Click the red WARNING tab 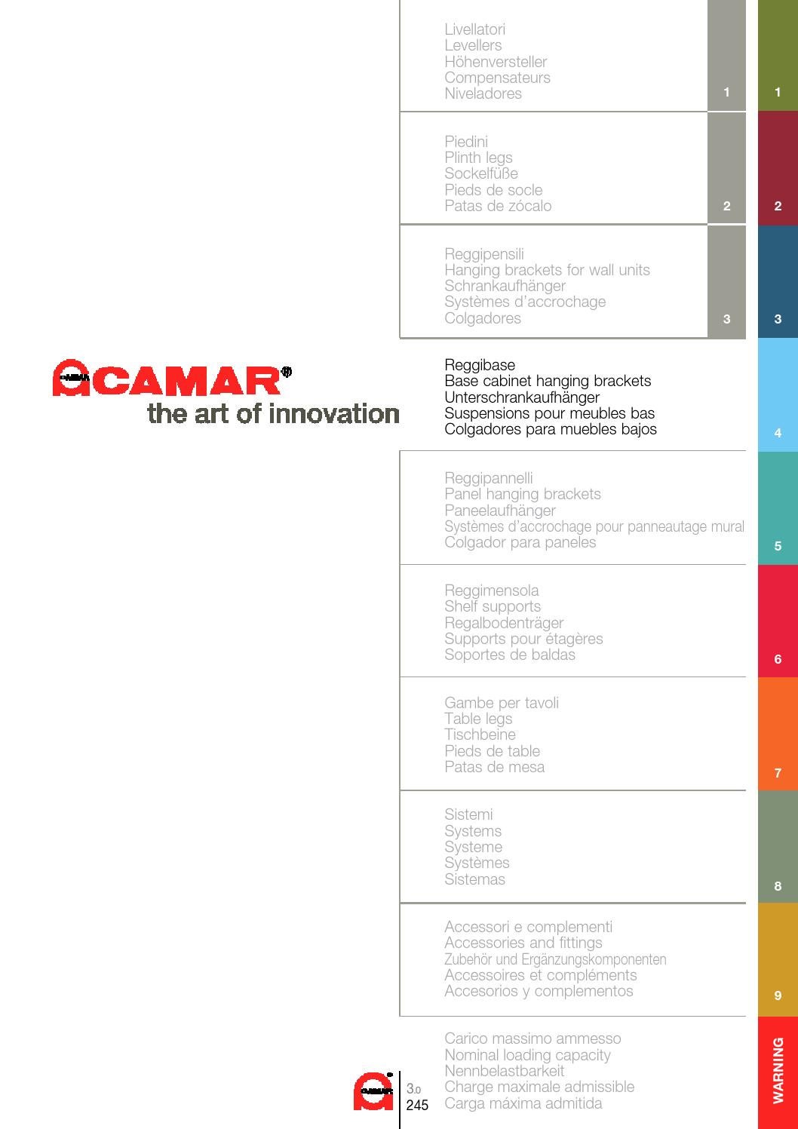point(778,1072)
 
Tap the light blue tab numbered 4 point(778,394)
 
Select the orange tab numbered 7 point(778,734)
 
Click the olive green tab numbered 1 point(778,56)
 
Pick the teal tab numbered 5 point(778,508)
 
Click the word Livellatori point(474,29)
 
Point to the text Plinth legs point(478,158)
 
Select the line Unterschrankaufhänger point(521,397)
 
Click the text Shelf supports point(492,606)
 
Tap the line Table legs point(478,719)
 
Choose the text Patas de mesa point(494,767)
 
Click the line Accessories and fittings point(523,943)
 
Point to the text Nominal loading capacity point(527,1055)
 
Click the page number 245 point(417,1106)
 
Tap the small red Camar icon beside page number point(373,1091)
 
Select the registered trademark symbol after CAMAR point(286,371)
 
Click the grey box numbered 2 point(726,168)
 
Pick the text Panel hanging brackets point(522,494)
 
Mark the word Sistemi point(468,815)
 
